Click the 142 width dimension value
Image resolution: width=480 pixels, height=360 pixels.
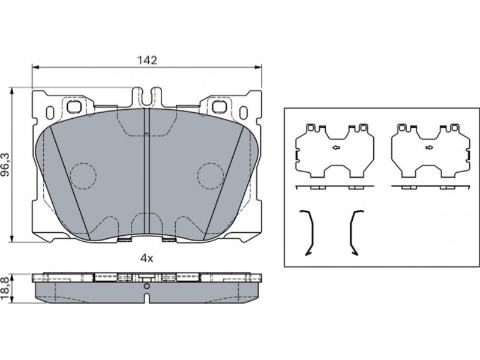tap(146, 61)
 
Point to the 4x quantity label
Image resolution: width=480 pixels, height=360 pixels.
tap(146, 259)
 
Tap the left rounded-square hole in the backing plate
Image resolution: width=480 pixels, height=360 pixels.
tap(74, 107)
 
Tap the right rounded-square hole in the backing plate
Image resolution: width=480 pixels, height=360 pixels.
tap(219, 107)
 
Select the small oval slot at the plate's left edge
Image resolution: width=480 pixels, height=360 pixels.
tap(50, 113)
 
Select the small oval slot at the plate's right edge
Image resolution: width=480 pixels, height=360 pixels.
tap(244, 113)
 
